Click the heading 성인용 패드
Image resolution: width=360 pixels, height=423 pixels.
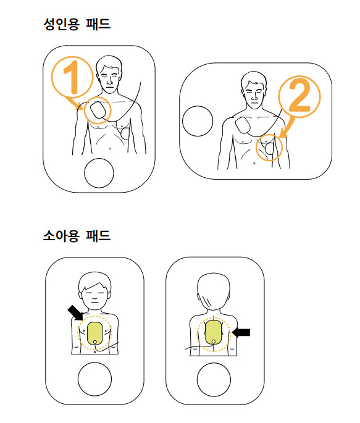click(77, 23)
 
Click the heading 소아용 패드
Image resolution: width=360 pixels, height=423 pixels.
click(77, 235)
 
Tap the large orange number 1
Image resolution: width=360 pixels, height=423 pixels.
click(72, 77)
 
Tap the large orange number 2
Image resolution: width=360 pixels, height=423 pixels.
click(299, 96)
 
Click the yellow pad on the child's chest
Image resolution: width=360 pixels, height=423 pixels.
click(94, 333)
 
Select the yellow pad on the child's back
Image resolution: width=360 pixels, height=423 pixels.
click(214, 332)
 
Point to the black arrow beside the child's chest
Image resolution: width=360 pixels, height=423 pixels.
click(75, 312)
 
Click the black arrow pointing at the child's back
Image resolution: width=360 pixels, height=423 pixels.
click(241, 332)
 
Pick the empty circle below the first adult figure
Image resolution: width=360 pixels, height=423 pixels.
click(99, 173)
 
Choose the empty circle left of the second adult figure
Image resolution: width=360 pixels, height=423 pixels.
click(198, 121)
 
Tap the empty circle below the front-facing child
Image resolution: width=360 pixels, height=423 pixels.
click(94, 379)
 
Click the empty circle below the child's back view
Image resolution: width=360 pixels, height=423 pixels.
click(214, 380)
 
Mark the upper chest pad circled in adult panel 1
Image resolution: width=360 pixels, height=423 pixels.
click(97, 111)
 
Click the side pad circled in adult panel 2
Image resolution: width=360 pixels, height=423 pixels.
click(269, 148)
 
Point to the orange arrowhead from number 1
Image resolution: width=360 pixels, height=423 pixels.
click(80, 106)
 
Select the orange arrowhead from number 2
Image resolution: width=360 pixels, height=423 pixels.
click(282, 134)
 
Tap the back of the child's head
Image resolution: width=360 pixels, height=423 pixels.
click(214, 291)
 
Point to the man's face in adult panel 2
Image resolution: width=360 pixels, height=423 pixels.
click(254, 94)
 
